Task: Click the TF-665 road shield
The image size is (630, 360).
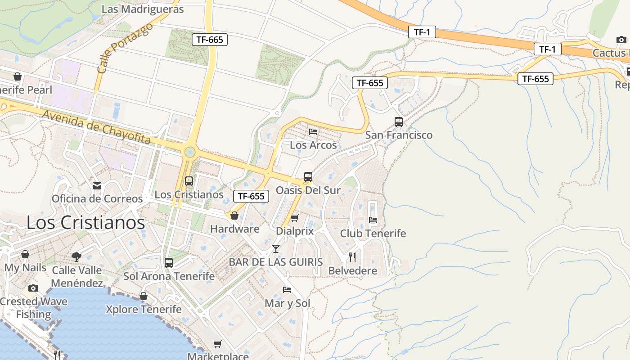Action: pyautogui.click(x=210, y=40)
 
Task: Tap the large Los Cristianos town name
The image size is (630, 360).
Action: pyautogui.click(x=85, y=223)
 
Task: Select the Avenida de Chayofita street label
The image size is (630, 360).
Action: pyautogui.click(x=96, y=127)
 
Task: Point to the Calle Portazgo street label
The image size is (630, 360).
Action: pyautogui.click(x=125, y=49)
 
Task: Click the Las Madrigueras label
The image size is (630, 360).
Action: pyautogui.click(x=143, y=9)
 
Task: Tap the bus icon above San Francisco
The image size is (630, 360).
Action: pyautogui.click(x=398, y=121)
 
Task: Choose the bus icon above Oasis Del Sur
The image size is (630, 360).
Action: pyautogui.click(x=308, y=177)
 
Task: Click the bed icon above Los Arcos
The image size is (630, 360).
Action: pyautogui.click(x=313, y=132)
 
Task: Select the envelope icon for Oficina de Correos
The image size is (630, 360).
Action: pyautogui.click(x=97, y=186)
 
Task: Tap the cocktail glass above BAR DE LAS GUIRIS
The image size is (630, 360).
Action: pyautogui.click(x=276, y=248)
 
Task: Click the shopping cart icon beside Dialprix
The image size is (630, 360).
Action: pyautogui.click(x=294, y=218)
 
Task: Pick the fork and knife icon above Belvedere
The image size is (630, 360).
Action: pyautogui.click(x=352, y=257)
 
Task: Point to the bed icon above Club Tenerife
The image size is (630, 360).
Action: pyautogui.click(x=373, y=220)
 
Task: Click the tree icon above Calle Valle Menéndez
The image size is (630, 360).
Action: pyautogui.click(x=76, y=256)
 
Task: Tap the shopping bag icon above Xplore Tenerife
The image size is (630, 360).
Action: pyautogui.click(x=144, y=296)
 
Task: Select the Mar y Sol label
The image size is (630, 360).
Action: pyautogui.click(x=288, y=303)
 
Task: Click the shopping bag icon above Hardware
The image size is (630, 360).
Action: pyautogui.click(x=234, y=216)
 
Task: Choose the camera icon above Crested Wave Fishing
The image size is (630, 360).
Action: pyautogui.click(x=33, y=288)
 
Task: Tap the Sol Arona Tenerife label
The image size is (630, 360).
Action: pyautogui.click(x=169, y=276)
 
